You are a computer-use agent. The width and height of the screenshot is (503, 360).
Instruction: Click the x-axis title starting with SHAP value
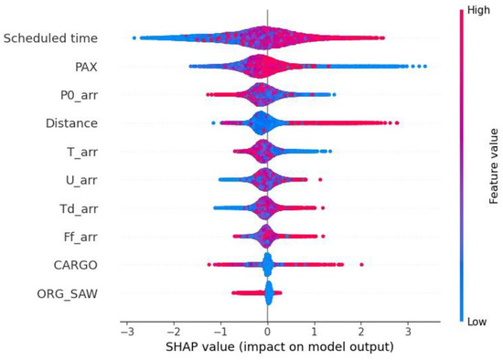pos(279,347)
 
